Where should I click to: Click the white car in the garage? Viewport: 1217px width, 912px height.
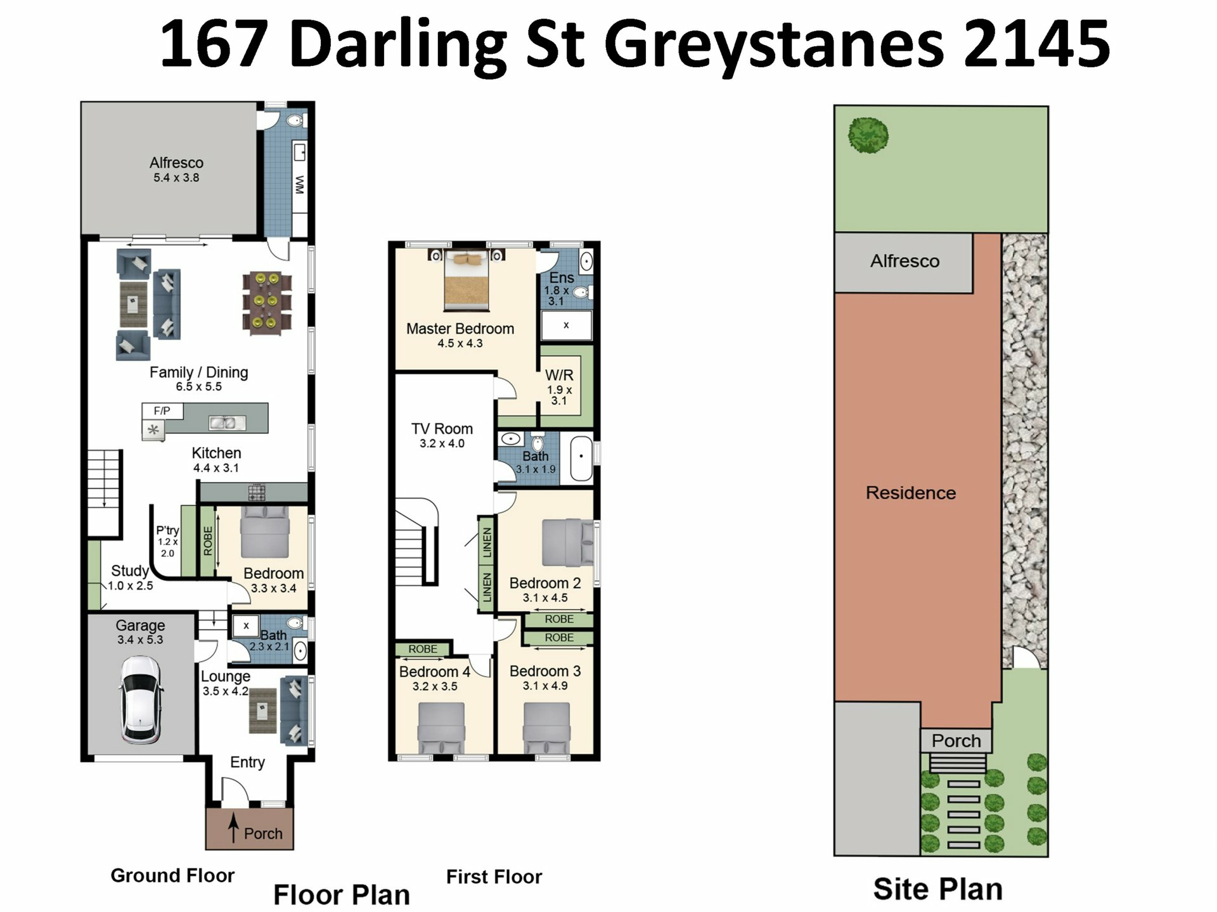tap(141, 699)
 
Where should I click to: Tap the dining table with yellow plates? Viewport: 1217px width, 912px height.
tap(267, 303)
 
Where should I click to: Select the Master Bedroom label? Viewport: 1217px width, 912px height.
tap(460, 329)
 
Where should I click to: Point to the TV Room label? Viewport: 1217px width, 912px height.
tap(442, 429)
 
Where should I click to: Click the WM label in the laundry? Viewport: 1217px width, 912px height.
tap(300, 184)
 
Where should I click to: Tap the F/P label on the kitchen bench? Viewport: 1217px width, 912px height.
tap(162, 411)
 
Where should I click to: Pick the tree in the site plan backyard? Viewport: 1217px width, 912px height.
tap(868, 135)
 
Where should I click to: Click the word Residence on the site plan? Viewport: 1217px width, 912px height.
tap(911, 493)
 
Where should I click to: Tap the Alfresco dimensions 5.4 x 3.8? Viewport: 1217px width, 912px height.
tap(176, 178)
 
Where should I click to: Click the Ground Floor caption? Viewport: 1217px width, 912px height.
tap(172, 875)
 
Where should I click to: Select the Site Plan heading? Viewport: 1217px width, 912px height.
tap(938, 889)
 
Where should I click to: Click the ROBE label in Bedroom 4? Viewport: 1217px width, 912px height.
tap(423, 649)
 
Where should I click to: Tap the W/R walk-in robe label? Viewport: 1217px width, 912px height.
tap(559, 375)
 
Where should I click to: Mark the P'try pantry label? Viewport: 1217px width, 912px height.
tap(167, 531)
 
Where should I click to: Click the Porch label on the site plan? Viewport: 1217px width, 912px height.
tap(956, 740)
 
